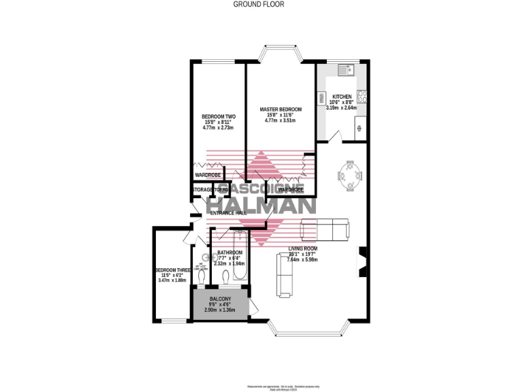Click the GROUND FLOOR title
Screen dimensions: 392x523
coord(259,4)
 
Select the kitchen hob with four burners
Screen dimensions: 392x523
coord(362,97)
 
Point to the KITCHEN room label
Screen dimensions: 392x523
coord(341,97)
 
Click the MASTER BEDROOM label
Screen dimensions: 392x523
coord(281,109)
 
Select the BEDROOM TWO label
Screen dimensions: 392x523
coord(219,116)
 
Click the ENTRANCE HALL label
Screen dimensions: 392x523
coord(228,213)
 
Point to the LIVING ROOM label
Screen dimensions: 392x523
coord(302,248)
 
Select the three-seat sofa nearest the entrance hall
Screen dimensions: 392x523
coord(325,229)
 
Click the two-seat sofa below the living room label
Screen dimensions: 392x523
coord(285,276)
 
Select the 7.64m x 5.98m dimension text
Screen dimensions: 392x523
coord(302,259)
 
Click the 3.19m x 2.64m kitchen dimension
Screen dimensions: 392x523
coord(342,108)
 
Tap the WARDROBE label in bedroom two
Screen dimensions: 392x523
coord(208,176)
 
